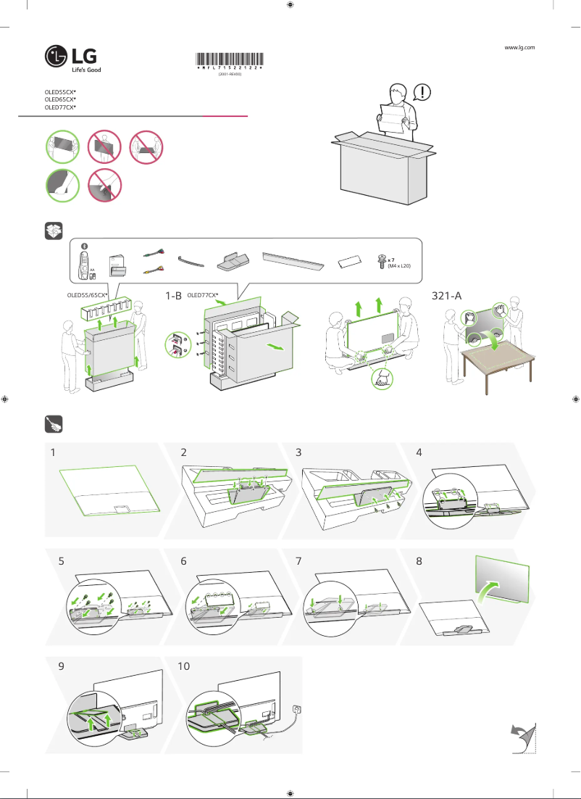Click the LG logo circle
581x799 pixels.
click(x=55, y=56)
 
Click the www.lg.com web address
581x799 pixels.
click(x=519, y=47)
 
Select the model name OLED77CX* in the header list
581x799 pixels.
click(x=60, y=107)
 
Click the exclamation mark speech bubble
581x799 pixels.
click(x=422, y=92)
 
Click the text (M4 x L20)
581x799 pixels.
click(x=398, y=267)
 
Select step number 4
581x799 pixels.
click(x=419, y=452)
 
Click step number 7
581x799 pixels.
click(x=300, y=561)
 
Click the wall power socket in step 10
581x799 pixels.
click(x=296, y=708)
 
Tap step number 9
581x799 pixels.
click(x=61, y=666)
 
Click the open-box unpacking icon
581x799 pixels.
click(x=53, y=231)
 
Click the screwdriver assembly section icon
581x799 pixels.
click(x=53, y=423)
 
